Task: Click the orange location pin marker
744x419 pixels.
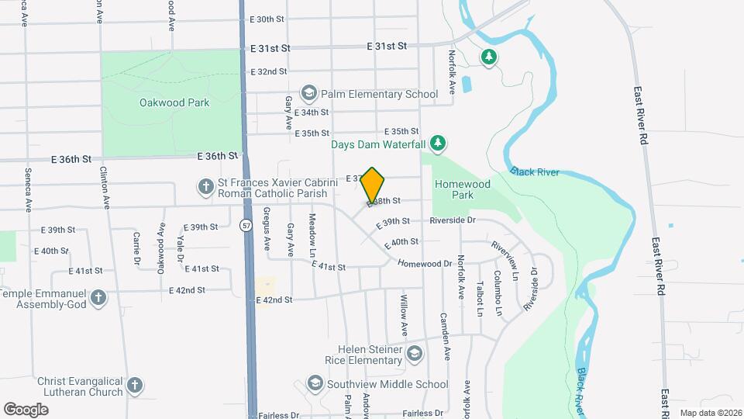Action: tap(373, 185)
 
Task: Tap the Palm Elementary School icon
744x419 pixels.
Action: tap(308, 94)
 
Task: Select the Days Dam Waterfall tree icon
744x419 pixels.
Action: tap(439, 143)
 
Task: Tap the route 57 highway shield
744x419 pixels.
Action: tap(246, 226)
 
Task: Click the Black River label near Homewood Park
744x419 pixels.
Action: tap(534, 171)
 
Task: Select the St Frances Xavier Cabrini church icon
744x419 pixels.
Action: tap(206, 186)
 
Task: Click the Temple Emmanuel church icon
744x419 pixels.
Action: tap(98, 297)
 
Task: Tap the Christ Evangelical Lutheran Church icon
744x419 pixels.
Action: tap(134, 385)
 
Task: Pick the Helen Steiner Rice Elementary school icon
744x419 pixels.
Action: tap(414, 355)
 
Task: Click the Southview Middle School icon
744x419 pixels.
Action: tap(315, 383)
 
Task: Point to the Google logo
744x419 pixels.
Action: tap(26, 409)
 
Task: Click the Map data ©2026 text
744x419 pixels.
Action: tap(710, 413)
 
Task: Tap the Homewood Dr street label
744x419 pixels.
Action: tap(424, 264)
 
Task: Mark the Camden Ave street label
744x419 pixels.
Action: tap(446, 334)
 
